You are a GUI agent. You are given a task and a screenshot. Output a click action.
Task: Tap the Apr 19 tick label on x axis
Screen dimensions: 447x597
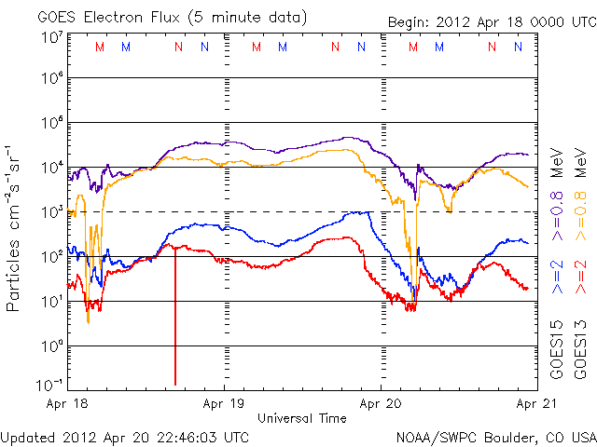pos(224,404)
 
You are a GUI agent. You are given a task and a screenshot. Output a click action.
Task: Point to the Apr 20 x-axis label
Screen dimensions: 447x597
pos(381,404)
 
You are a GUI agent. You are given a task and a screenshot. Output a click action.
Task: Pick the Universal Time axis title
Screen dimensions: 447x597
pos(301,418)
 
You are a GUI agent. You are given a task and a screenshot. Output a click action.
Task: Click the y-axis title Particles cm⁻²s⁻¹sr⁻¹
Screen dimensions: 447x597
pos(14,228)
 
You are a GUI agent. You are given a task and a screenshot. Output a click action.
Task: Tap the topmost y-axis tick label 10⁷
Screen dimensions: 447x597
pos(51,37)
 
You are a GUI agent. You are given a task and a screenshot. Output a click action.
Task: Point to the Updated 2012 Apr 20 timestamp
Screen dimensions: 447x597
pos(125,436)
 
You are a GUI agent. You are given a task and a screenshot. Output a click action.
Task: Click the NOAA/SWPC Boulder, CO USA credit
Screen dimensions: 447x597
pos(495,436)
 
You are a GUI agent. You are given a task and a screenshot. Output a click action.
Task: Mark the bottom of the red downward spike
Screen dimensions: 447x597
pos(175,384)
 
